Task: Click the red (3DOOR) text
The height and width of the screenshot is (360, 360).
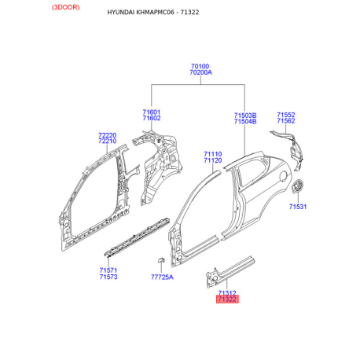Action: click(x=65, y=7)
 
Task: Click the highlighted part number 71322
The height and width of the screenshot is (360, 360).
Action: click(x=227, y=299)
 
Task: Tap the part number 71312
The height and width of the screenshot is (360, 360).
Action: click(x=227, y=293)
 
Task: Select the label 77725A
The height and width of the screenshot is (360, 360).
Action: click(x=162, y=277)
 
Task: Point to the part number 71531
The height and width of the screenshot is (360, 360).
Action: click(x=298, y=207)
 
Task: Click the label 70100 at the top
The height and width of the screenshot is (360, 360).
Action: click(x=200, y=66)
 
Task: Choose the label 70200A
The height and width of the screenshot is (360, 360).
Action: click(x=200, y=72)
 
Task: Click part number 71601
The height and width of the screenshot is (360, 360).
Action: click(x=152, y=112)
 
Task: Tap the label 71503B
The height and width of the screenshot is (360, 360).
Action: click(x=245, y=116)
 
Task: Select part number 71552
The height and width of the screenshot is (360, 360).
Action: click(x=286, y=115)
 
